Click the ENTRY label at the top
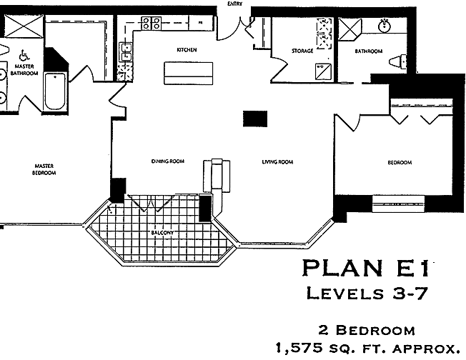[x=234, y=4]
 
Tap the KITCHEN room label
[x=187, y=49]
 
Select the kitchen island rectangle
[x=189, y=73]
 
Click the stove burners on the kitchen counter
[x=151, y=23]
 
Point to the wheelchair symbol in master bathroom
[x=24, y=55]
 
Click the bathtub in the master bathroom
[x=55, y=91]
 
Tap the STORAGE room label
[x=302, y=51]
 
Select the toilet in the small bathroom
[x=397, y=61]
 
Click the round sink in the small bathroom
[x=385, y=26]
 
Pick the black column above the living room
[x=255, y=119]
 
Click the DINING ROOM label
[x=168, y=161]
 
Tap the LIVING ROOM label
[x=277, y=162]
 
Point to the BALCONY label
[x=162, y=232]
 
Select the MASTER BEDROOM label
[x=44, y=169]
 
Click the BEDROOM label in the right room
[x=400, y=162]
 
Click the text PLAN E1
[x=366, y=269]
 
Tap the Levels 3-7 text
[x=367, y=294]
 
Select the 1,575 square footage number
[x=299, y=348]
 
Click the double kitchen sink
[x=126, y=51]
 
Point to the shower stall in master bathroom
[x=24, y=26]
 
